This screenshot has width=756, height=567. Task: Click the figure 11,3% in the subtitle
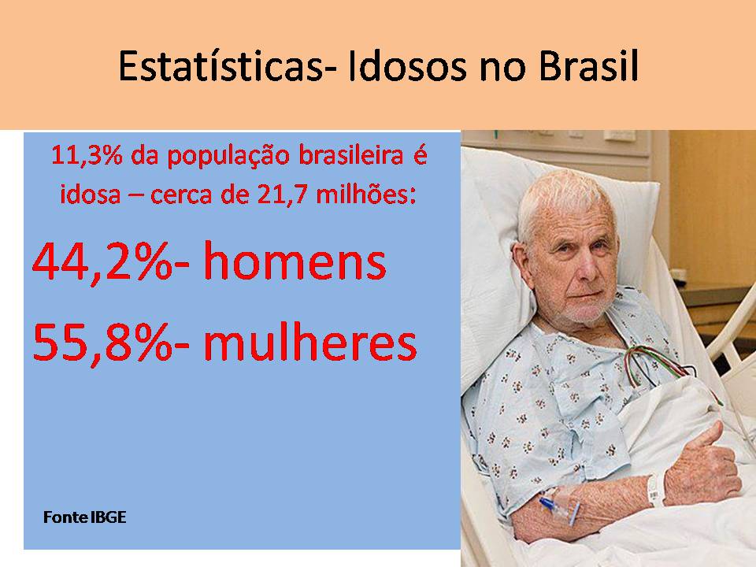pyautogui.click(x=84, y=156)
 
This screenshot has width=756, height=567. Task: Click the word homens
pyautogui.click(x=295, y=263)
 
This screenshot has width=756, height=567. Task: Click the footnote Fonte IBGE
pyautogui.click(x=84, y=518)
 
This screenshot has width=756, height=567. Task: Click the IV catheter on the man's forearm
pyautogui.click(x=551, y=502)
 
